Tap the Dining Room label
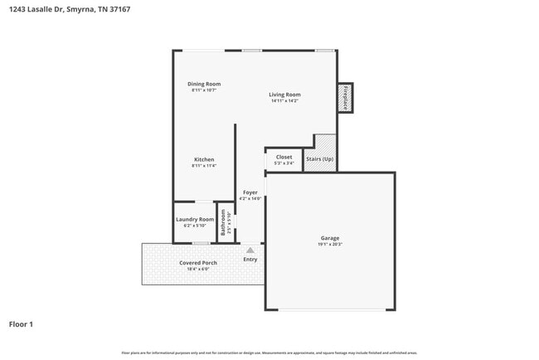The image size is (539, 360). tap(203, 84)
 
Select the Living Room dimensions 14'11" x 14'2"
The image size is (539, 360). tap(284, 101)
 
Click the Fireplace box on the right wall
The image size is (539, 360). tap(344, 97)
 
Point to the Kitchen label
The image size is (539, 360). tap(204, 159)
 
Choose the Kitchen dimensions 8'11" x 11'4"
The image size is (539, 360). tap(204, 166)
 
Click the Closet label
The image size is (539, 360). tap(284, 157)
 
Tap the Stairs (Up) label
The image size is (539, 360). tap(319, 158)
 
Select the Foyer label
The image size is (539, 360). tap(250, 192)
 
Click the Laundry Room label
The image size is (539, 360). tap(195, 219)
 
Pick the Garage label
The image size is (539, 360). tap(329, 238)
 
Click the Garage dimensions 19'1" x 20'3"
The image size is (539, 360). tap(329, 245)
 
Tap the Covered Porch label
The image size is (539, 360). tap(198, 262)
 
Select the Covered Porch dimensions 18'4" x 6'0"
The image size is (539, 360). tap(198, 269)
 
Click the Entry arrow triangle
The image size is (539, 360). tap(250, 250)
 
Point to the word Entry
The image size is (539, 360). tap(250, 260)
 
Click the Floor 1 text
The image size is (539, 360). tap(21, 324)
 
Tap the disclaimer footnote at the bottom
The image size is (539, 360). tap(269, 353)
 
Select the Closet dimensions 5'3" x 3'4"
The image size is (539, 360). tap(284, 163)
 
